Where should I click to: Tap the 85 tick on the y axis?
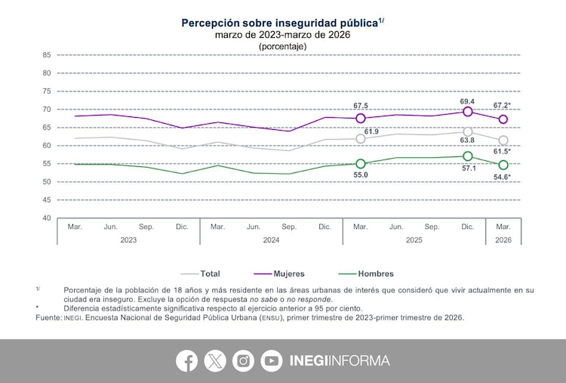[x=46, y=55]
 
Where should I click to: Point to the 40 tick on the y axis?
[x=46, y=218]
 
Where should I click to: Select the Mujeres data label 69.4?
[x=467, y=100]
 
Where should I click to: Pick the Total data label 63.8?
[x=468, y=140]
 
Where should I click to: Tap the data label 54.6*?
[x=502, y=176]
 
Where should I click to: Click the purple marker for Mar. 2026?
[x=503, y=119]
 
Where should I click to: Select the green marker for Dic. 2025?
[x=468, y=156]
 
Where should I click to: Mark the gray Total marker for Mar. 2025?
[x=361, y=139]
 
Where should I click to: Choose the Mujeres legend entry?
[x=288, y=273]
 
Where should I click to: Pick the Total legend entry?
[x=210, y=273]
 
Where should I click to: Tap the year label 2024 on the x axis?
[x=271, y=239]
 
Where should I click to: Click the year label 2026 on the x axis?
[x=503, y=239]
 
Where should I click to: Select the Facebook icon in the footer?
[x=186, y=361]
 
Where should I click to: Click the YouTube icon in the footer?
[x=271, y=361]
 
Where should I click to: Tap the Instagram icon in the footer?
[x=243, y=361]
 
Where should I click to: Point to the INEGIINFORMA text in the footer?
[x=340, y=361]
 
